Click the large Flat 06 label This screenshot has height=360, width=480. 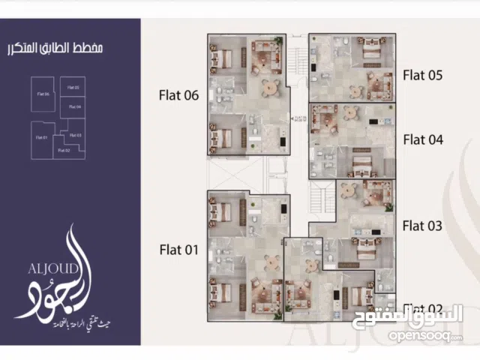point(178,95)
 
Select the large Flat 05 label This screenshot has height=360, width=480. point(423,74)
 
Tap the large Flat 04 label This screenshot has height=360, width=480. point(423,139)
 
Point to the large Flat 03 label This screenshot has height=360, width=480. point(422,225)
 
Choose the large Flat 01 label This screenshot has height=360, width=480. point(178,250)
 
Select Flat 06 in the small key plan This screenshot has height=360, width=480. point(42,94)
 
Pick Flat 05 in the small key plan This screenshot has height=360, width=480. point(73,88)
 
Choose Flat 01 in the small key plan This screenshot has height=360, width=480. point(41,137)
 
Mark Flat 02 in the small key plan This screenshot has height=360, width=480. point(64,150)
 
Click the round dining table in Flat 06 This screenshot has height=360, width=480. point(269,88)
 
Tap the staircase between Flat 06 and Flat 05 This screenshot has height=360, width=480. point(298,60)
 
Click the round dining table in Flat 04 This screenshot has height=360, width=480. point(350,113)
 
